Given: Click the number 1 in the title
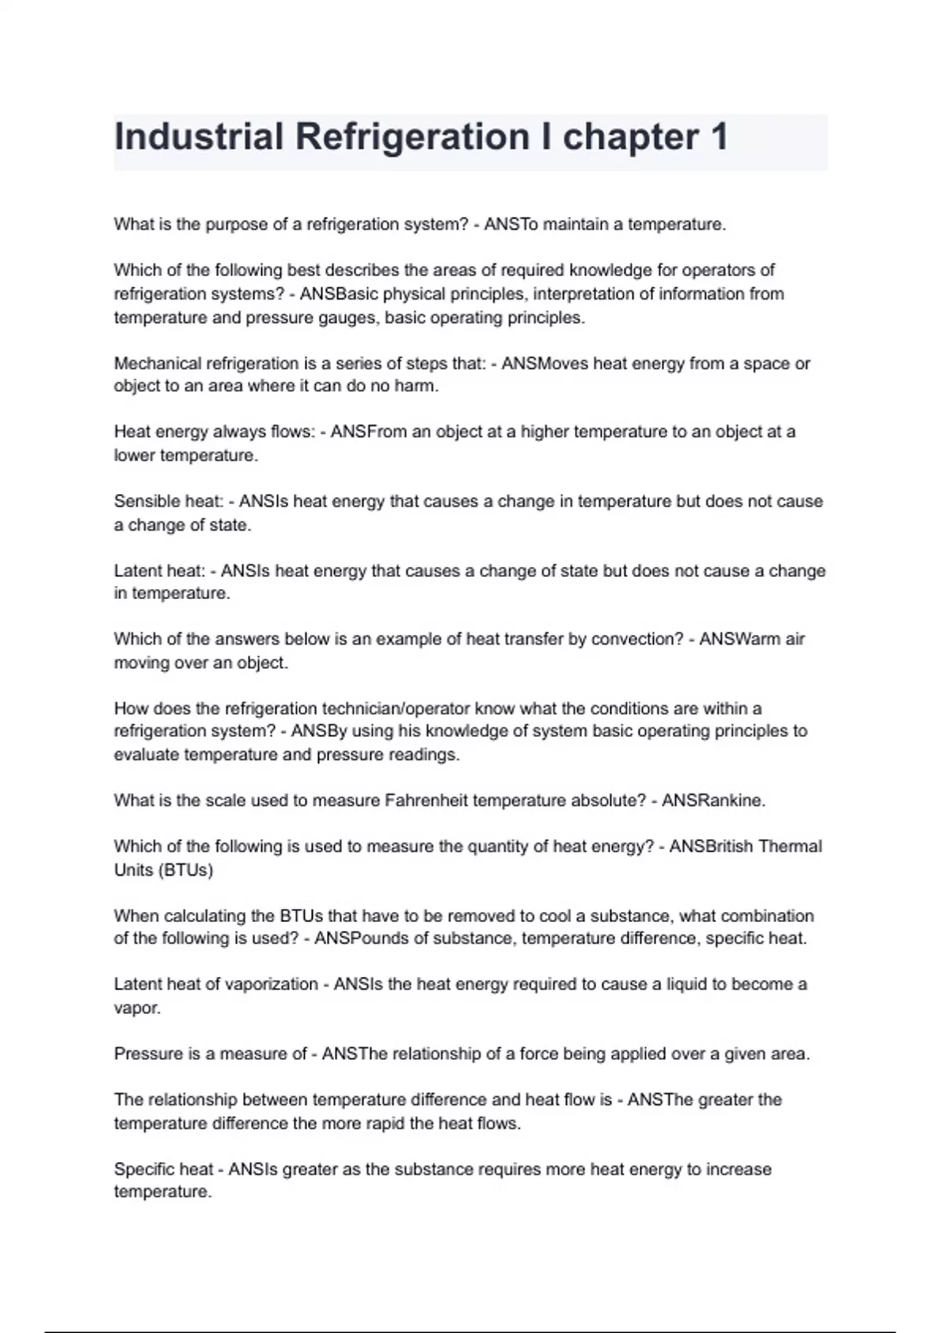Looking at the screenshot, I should (x=718, y=137).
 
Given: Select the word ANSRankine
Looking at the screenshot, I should (x=713, y=801).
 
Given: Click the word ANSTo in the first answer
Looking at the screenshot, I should (x=511, y=225).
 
